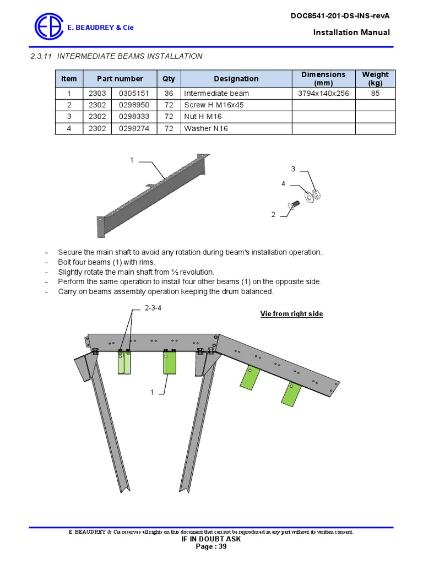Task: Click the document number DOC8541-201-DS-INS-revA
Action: pyautogui.click(x=340, y=16)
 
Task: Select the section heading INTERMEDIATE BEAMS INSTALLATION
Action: pyautogui.click(x=130, y=56)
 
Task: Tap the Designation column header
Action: pyautogui.click(x=236, y=79)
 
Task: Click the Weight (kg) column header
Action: pyautogui.click(x=375, y=79)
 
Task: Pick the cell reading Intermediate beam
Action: pyautogui.click(x=216, y=94)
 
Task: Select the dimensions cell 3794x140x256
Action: pyautogui.click(x=323, y=94)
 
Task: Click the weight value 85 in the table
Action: pyautogui.click(x=375, y=94)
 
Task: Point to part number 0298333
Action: pyautogui.click(x=134, y=117)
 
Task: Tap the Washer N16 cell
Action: pyautogui.click(x=206, y=128)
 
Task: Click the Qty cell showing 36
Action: pyautogui.click(x=169, y=94)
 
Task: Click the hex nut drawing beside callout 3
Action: pyautogui.click(x=316, y=194)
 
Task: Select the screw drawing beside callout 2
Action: pyautogui.click(x=292, y=206)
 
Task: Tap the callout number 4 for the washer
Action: pyautogui.click(x=283, y=183)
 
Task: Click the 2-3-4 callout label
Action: pyautogui.click(x=153, y=308)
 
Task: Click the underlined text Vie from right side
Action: pyautogui.click(x=291, y=314)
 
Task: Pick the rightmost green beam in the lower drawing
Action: pyautogui.click(x=292, y=393)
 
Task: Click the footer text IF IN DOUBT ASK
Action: pyautogui.click(x=211, y=539)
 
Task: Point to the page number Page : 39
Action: pyautogui.click(x=211, y=546)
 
